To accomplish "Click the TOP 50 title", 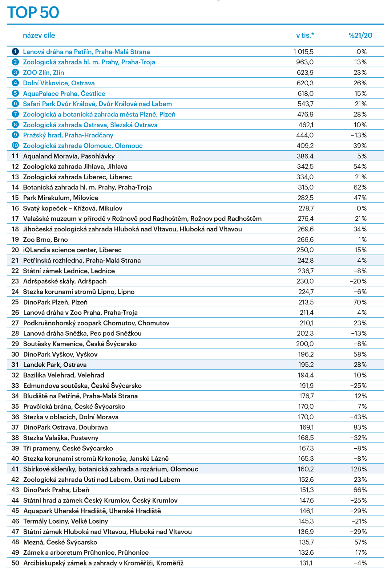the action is (x=33, y=13).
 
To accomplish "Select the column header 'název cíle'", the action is (x=39, y=35).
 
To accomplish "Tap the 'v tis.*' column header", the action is (x=305, y=35).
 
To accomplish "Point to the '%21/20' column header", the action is (x=360, y=35).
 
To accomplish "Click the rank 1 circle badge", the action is (x=15, y=51).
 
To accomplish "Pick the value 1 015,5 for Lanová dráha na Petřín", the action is (x=303, y=52).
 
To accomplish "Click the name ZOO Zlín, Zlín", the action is (x=43, y=73).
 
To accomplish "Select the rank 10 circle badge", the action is (x=15, y=145).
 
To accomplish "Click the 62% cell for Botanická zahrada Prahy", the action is (x=360, y=187).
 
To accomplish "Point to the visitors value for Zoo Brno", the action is (x=305, y=240).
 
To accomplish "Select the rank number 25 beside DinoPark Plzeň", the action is (x=15, y=302).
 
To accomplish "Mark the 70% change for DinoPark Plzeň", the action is (x=360, y=302).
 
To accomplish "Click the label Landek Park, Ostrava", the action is (x=55, y=365).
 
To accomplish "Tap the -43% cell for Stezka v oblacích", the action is (x=358, y=417).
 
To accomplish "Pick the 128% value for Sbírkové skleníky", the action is (x=359, y=469).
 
